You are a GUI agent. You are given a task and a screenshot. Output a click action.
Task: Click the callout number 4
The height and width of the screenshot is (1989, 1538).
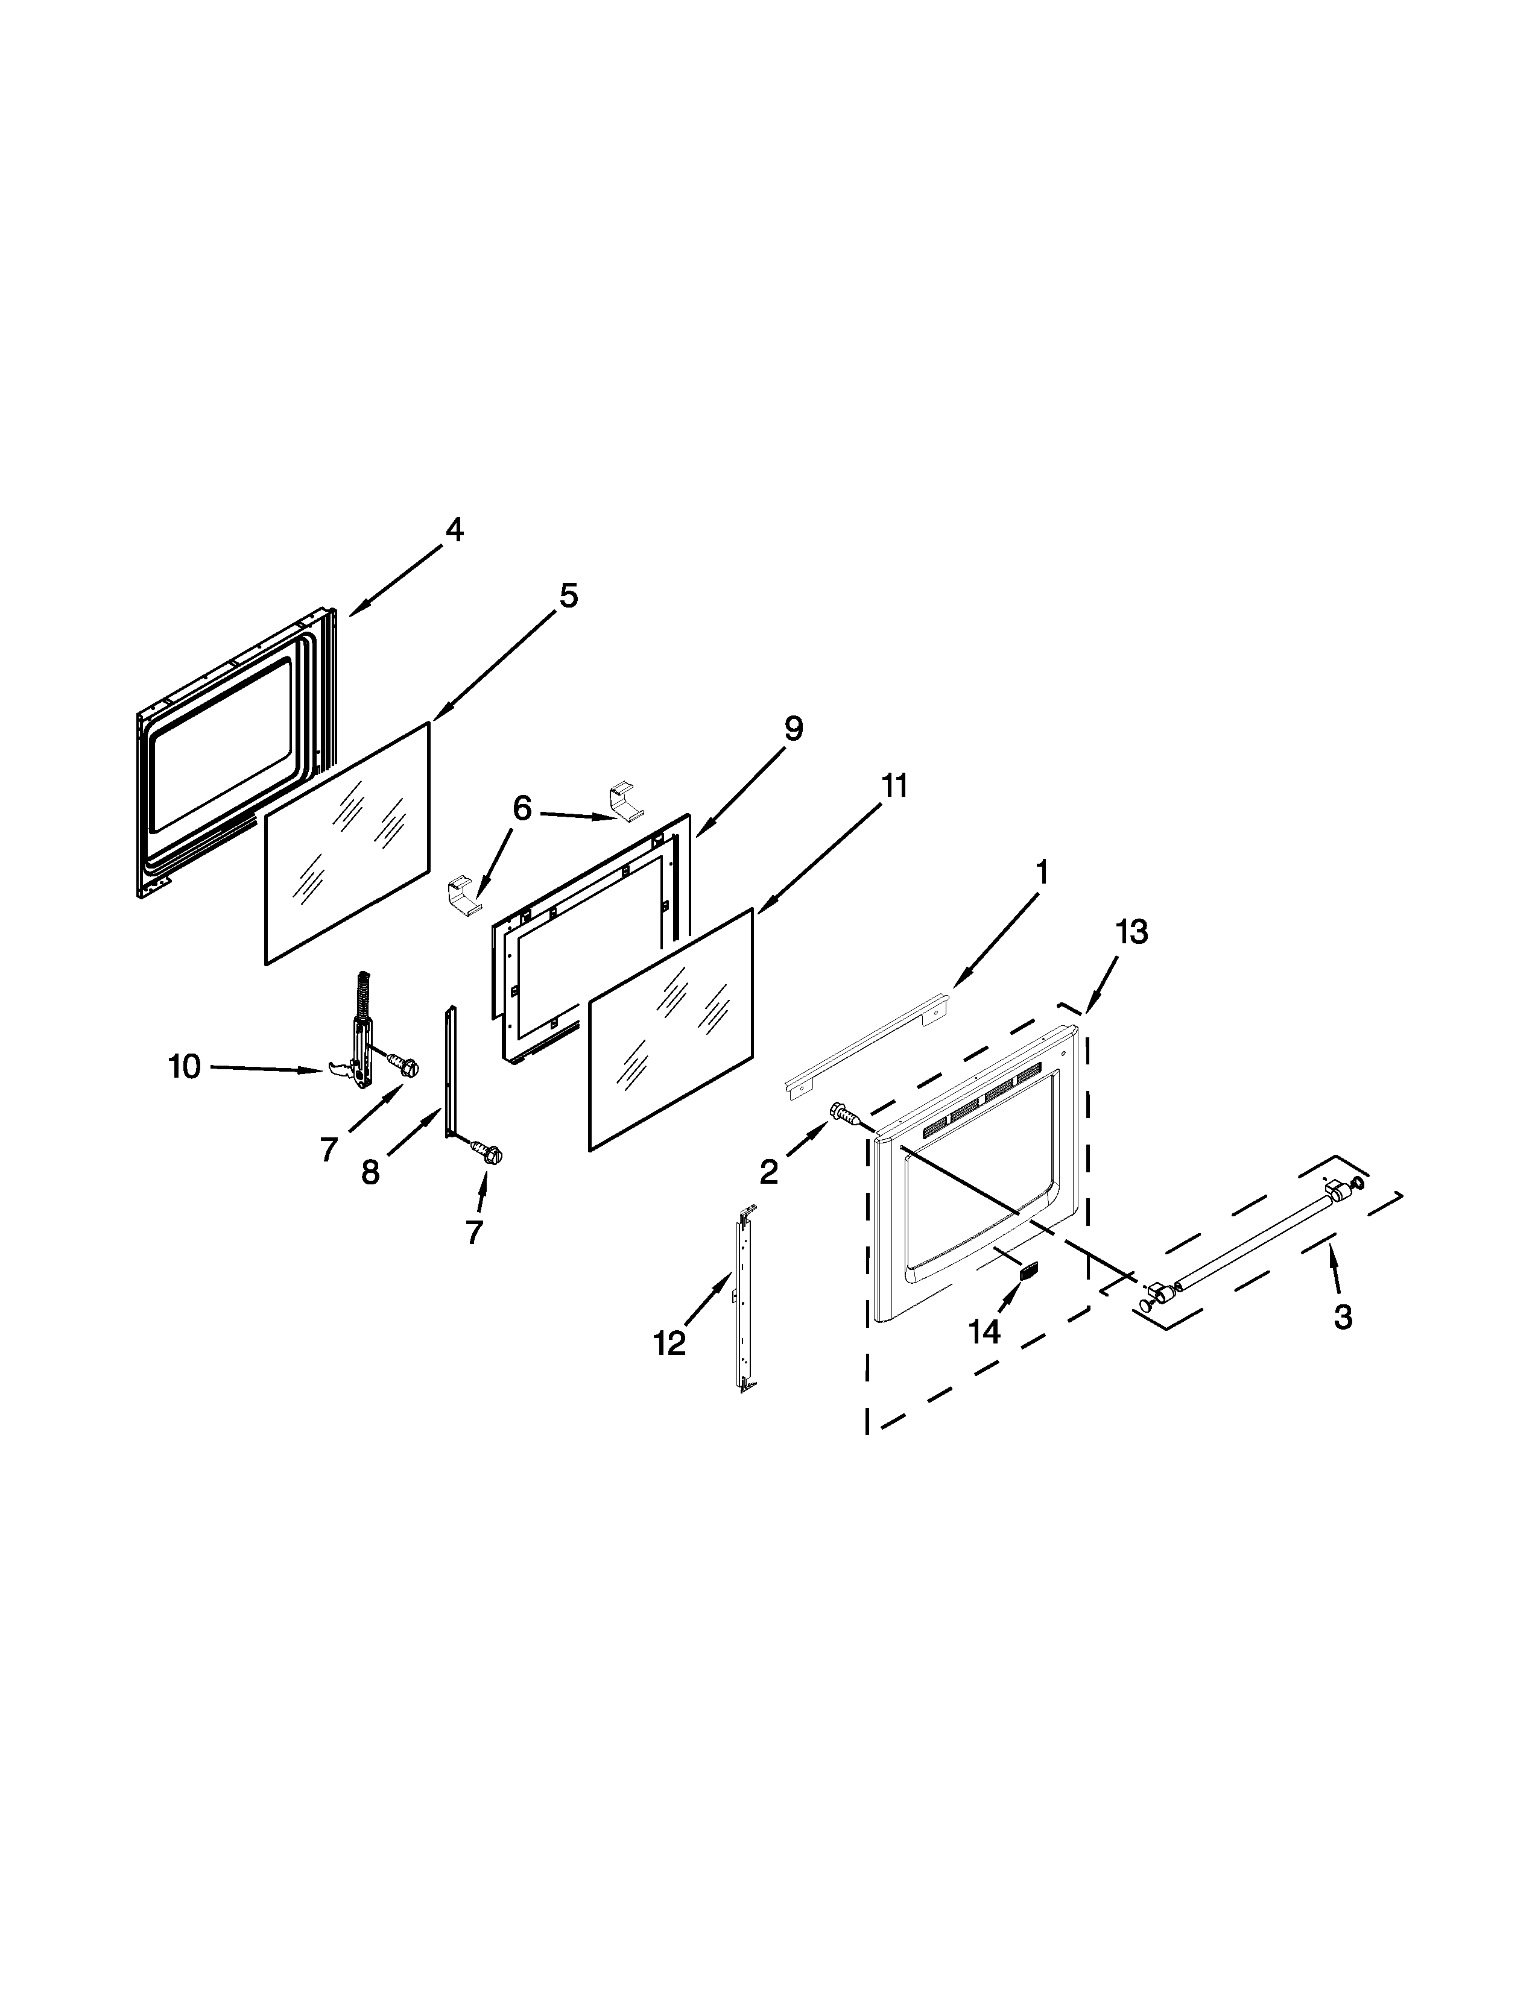[453, 530]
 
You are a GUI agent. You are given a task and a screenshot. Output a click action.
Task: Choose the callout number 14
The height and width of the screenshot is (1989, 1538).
[984, 1331]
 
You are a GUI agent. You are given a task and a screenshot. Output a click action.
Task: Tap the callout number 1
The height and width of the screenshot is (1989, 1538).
[1042, 873]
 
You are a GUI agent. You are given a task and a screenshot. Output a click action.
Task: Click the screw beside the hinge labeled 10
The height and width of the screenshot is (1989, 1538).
[401, 1062]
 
